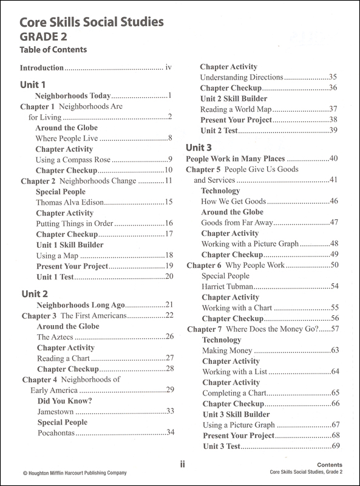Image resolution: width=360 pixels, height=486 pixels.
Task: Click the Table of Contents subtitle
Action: click(x=53, y=50)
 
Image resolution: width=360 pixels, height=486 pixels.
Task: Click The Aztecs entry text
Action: click(x=54, y=337)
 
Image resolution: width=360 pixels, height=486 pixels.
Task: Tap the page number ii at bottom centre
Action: click(x=182, y=465)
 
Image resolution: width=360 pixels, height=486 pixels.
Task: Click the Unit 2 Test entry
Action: click(x=223, y=131)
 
